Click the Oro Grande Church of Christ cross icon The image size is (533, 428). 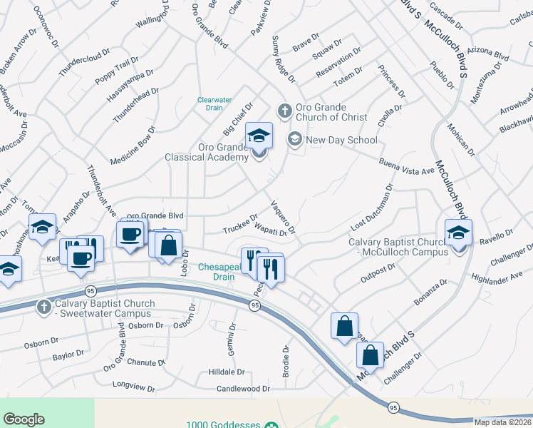click(x=284, y=111)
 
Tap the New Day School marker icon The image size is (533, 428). click(x=294, y=139)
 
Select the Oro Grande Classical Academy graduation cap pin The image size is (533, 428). click(x=259, y=136)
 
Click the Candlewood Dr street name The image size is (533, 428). click(x=244, y=389)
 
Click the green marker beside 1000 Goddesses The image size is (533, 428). click(x=271, y=425)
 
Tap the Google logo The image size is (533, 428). click(x=24, y=419)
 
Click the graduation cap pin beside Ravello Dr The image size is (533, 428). click(x=458, y=233)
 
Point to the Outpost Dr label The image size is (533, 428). click(x=378, y=270)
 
